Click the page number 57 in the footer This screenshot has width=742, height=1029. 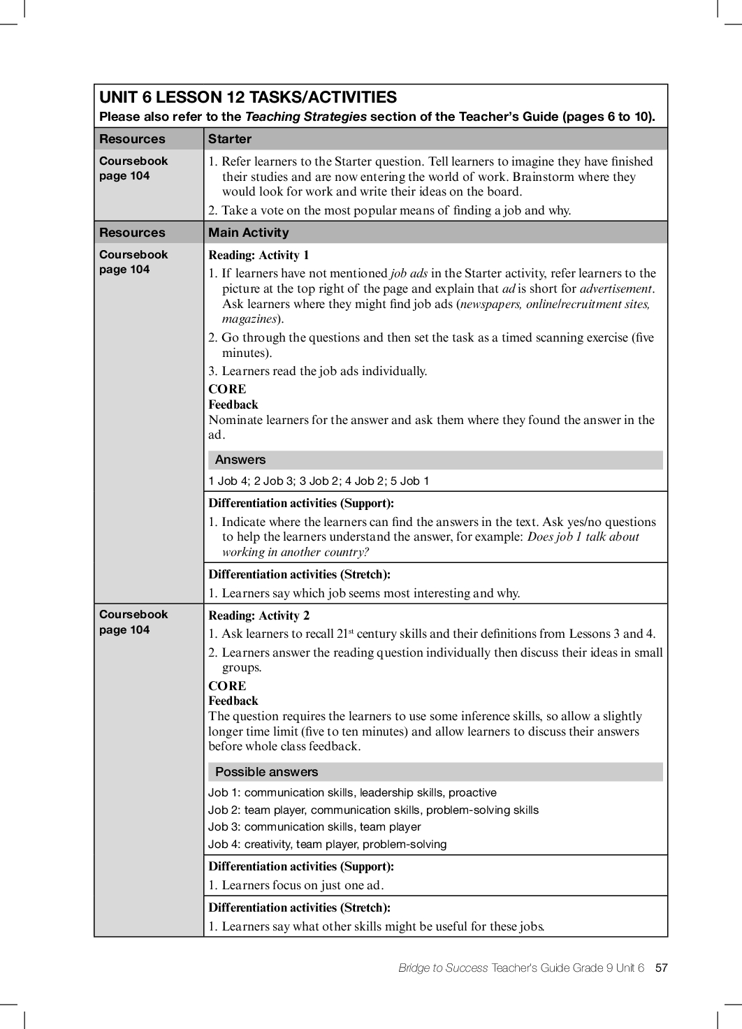click(661, 968)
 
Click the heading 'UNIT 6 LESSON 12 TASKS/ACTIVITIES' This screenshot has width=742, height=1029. click(248, 98)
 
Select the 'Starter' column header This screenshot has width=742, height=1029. click(230, 139)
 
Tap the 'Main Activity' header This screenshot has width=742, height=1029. click(248, 233)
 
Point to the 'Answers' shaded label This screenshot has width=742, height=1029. click(240, 460)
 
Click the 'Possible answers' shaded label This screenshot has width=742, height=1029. click(266, 772)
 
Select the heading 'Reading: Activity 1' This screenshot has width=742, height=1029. click(259, 255)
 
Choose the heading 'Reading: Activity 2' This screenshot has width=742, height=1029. click(259, 615)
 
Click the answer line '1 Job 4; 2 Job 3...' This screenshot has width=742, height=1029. click(319, 481)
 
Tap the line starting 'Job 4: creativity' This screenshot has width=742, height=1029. click(327, 844)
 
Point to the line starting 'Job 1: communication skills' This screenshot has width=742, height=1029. click(352, 792)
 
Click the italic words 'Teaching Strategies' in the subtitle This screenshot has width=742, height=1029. click(305, 117)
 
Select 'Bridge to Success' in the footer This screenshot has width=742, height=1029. click(443, 968)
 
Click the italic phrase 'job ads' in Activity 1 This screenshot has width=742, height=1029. click(409, 273)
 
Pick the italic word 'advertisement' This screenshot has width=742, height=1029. click(616, 289)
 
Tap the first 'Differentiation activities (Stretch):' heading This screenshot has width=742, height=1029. click(299, 574)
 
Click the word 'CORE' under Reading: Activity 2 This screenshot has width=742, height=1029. click(227, 686)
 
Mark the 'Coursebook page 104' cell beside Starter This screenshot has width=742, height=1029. click(133, 168)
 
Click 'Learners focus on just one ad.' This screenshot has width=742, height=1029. click(303, 885)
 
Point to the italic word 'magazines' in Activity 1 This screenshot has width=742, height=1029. click(249, 319)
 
